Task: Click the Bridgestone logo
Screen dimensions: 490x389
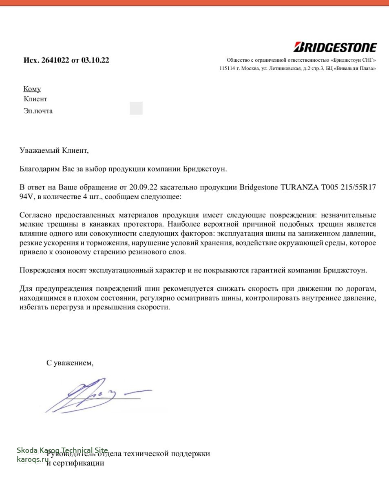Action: click(335, 47)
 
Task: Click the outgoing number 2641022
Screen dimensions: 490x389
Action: click(55, 60)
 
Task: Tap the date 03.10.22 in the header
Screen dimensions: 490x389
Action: click(95, 60)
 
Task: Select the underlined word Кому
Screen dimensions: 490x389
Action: click(32, 89)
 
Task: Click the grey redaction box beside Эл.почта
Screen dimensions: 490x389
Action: click(136, 109)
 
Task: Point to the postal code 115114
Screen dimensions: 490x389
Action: click(227, 68)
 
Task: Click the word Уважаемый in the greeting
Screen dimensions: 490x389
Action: click(39, 150)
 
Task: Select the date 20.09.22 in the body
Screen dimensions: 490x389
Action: click(143, 187)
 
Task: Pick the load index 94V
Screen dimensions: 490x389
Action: click(27, 197)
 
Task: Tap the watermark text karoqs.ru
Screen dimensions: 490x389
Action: click(33, 459)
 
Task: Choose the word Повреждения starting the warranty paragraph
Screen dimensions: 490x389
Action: click(42, 270)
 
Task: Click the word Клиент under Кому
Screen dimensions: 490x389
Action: click(35, 99)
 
